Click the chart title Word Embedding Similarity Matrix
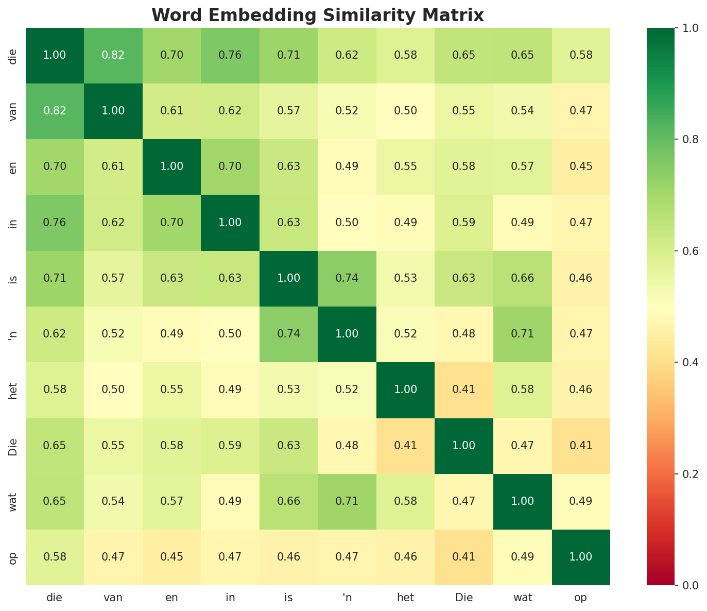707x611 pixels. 318,15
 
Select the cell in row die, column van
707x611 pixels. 113,55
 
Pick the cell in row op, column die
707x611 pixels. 55,557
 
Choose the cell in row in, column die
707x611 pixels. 55,223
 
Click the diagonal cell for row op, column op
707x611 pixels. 581,557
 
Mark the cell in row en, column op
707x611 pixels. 581,166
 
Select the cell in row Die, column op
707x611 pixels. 581,446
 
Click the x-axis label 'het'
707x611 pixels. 405,598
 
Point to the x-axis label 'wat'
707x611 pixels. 522,598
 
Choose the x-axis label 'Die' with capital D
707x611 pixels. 463,598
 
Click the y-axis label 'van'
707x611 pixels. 13,111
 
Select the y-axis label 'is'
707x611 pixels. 13,278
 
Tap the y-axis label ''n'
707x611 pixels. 13,334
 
